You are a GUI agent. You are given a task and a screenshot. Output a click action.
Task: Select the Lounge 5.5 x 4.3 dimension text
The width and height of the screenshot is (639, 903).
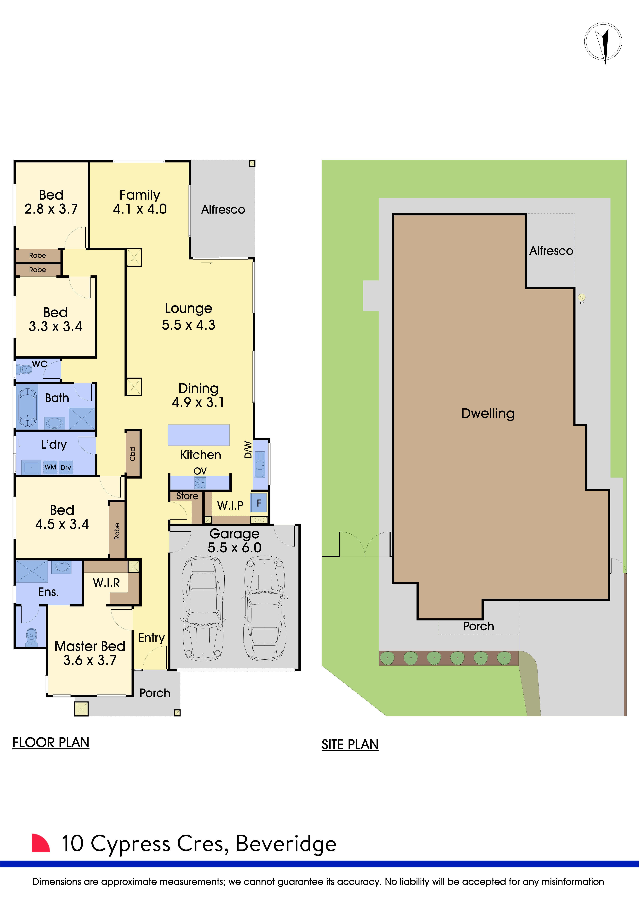pyautogui.click(x=188, y=325)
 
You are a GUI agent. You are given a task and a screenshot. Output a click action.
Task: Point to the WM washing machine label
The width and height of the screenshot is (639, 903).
pyautogui.click(x=50, y=467)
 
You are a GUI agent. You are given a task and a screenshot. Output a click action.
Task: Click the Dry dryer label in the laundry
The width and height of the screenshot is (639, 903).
pyautogui.click(x=66, y=468)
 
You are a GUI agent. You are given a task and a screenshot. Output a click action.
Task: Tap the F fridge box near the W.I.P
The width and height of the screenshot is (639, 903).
pyautogui.click(x=259, y=503)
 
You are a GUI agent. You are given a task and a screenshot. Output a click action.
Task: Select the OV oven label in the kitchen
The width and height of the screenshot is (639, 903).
pyautogui.click(x=200, y=471)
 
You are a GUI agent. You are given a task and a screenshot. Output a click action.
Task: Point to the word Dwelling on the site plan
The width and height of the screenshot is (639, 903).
pyautogui.click(x=488, y=413)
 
